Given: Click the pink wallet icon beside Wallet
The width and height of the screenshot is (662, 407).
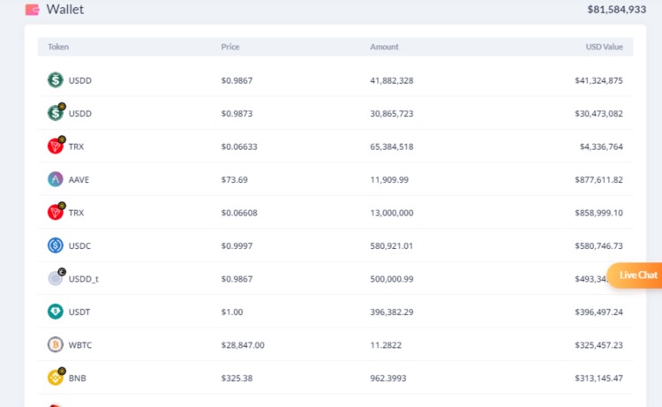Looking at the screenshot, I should pos(33,10).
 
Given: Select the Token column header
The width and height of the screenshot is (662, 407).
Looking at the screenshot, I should pos(58,47).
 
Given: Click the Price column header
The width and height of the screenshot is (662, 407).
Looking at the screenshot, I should pos(229,47).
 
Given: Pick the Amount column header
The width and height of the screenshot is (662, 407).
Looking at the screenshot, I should pos(384,47).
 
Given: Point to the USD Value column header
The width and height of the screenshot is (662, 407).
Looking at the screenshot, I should pos(604,47).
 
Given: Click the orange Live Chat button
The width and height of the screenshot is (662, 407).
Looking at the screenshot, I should pos(636,275).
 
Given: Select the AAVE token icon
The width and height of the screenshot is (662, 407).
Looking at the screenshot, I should pos(56,179).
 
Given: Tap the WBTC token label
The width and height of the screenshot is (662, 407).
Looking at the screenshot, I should pos(79,345).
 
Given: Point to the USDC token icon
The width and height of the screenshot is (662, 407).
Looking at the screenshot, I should pos(56,245).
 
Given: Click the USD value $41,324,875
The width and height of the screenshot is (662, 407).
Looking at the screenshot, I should pos(598,80).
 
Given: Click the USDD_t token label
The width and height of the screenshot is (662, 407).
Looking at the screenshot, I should pos(83,279).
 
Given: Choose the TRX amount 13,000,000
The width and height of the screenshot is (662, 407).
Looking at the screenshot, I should pos(392,213).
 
